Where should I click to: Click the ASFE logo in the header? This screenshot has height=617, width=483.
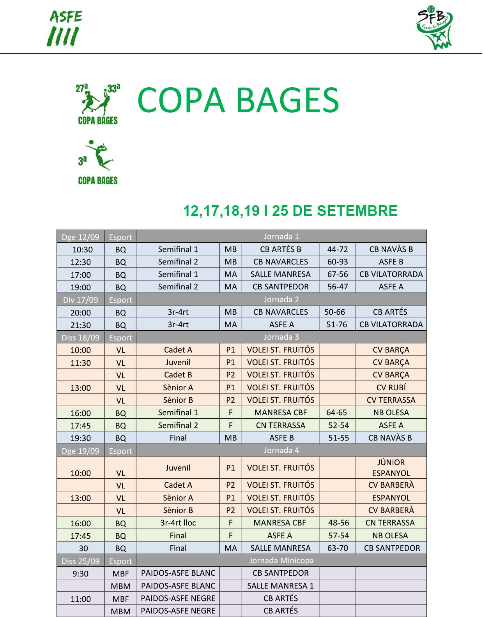(64, 28)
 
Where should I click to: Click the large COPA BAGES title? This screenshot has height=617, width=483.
(238, 100)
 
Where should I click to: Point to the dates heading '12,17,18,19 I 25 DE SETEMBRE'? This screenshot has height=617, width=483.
(290, 211)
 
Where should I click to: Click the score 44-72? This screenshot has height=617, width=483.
(338, 249)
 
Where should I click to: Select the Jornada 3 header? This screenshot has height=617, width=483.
(281, 337)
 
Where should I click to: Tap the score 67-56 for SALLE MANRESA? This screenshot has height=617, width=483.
(338, 274)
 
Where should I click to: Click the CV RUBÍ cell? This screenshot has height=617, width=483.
(391, 388)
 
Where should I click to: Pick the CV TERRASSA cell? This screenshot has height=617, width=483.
(391, 400)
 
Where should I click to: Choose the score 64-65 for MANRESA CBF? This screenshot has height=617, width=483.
(337, 413)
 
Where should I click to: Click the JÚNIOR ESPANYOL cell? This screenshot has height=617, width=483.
(391, 467)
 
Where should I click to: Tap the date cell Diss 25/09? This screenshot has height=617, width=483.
(81, 561)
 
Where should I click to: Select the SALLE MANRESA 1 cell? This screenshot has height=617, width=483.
(281, 585)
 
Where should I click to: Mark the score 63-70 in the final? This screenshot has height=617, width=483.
(338, 548)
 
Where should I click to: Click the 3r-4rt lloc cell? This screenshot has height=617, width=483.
(178, 523)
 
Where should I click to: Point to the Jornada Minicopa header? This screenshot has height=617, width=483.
(281, 561)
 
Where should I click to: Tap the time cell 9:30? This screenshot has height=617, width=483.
(81, 573)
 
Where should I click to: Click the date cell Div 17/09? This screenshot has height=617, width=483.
(81, 300)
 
